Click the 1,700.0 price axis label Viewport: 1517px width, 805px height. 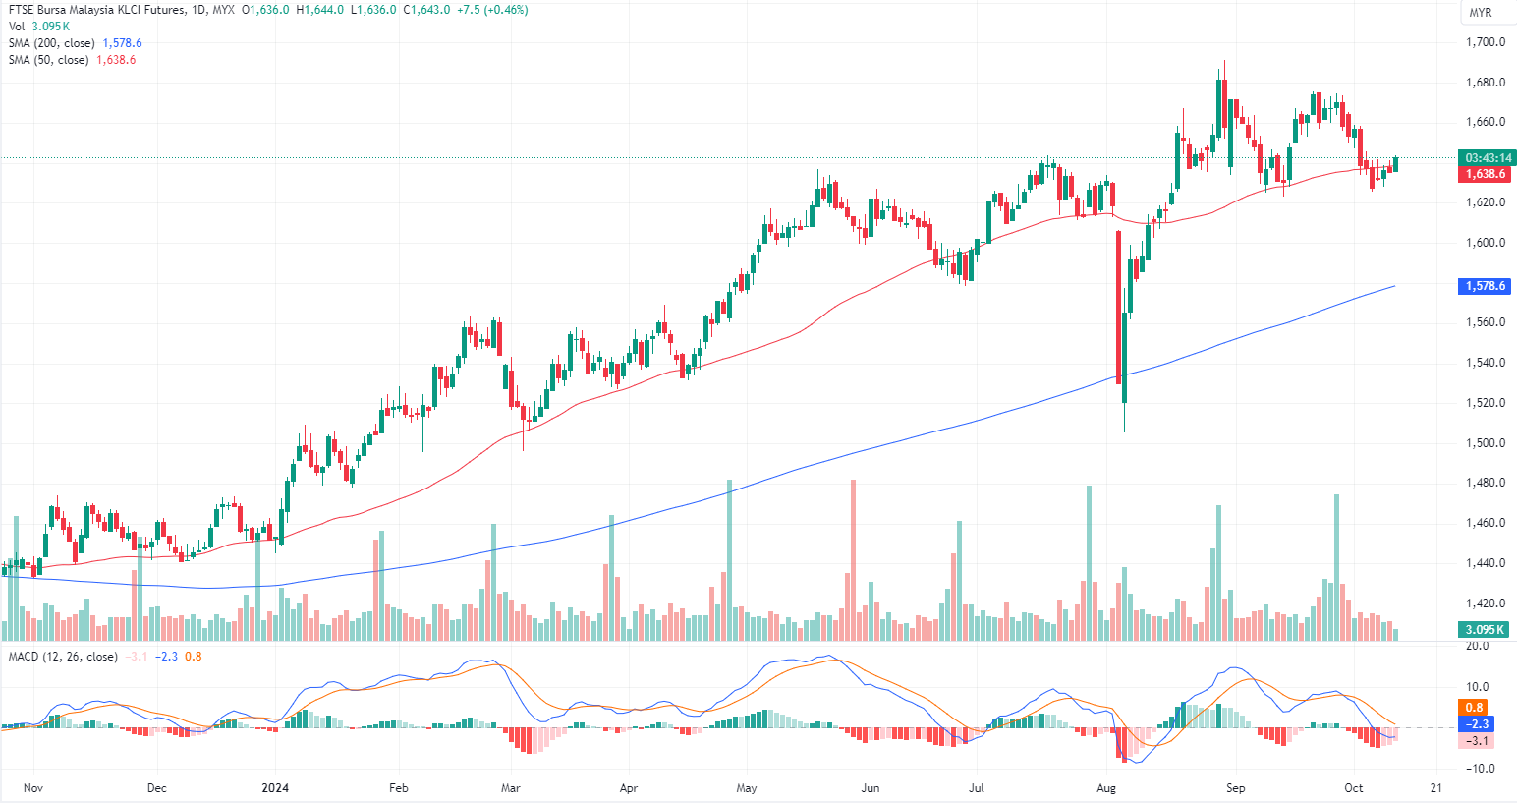click(x=1486, y=42)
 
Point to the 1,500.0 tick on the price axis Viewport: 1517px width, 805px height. click(x=1486, y=443)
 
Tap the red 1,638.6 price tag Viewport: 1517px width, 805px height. click(x=1486, y=174)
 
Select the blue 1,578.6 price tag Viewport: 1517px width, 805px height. click(x=1486, y=286)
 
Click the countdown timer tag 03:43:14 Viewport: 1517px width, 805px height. click(x=1488, y=158)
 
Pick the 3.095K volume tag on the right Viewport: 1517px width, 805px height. click(x=1486, y=630)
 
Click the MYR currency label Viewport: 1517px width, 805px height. click(x=1480, y=13)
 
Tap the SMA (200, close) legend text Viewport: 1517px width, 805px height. click(x=51, y=43)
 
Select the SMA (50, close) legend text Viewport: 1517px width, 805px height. click(x=48, y=60)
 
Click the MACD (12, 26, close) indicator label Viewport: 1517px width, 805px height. click(x=63, y=657)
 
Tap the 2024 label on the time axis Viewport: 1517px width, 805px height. click(x=275, y=788)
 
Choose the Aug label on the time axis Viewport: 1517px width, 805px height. click(x=1106, y=788)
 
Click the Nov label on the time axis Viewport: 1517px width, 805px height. click(x=33, y=788)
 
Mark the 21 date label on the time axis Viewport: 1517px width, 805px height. click(x=1436, y=788)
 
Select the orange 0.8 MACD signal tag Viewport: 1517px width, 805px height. click(x=1474, y=708)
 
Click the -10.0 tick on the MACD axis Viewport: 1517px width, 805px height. click(x=1478, y=769)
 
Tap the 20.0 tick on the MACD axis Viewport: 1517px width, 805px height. click(x=1477, y=646)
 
